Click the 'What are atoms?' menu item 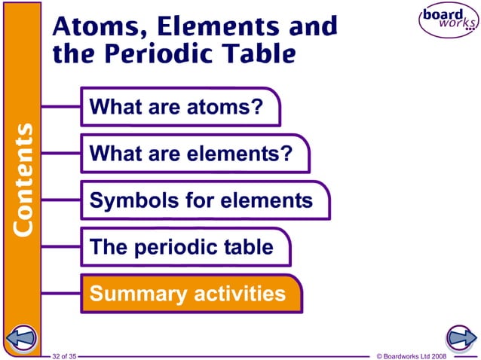pyautogui.click(x=176, y=107)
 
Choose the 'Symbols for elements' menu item pyautogui.click(x=201, y=200)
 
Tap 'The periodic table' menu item pyautogui.click(x=181, y=247)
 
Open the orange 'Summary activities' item pyautogui.click(x=188, y=293)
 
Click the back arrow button pyautogui.click(x=21, y=337)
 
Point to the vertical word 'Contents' pyautogui.click(x=23, y=178)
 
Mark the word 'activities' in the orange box pyautogui.click(x=240, y=293)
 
